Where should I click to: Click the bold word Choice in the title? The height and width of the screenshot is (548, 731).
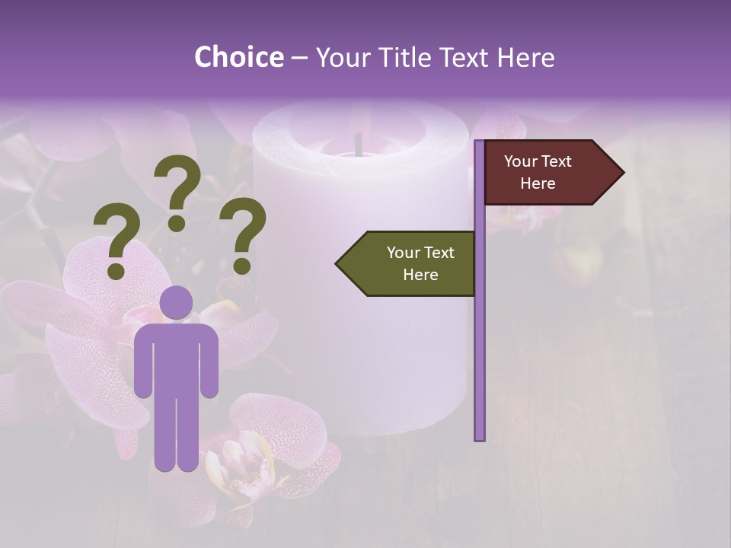click(x=238, y=57)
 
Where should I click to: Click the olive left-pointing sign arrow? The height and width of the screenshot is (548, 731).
click(x=407, y=264)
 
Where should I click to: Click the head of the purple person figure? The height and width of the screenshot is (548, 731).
click(x=176, y=302)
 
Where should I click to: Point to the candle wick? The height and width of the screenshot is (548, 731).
click(x=358, y=143)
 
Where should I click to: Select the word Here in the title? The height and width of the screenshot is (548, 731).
click(x=525, y=57)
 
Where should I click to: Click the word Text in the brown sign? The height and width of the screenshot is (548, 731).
click(x=557, y=161)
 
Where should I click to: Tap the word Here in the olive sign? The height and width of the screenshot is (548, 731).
click(x=420, y=275)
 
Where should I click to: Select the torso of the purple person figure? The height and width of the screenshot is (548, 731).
click(x=176, y=358)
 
